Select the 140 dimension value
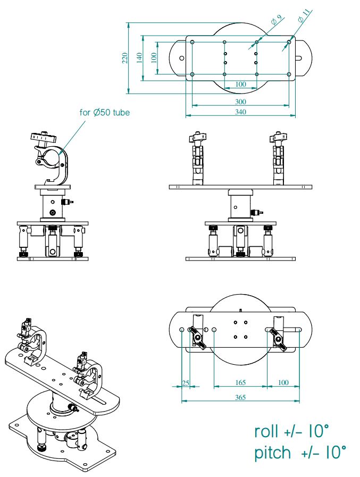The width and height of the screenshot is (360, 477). pyautogui.click(x=139, y=58)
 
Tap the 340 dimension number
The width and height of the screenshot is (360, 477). pyautogui.click(x=240, y=111)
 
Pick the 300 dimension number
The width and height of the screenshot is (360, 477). pyautogui.click(x=240, y=101)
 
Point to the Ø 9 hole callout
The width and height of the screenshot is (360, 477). pyautogui.click(x=275, y=21)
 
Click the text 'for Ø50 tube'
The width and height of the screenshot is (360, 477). pyautogui.click(x=105, y=112)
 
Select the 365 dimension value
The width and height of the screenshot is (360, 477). pyautogui.click(x=240, y=397)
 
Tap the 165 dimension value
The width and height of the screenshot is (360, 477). pyautogui.click(x=240, y=382)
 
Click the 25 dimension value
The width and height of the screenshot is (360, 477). pyautogui.click(x=186, y=382)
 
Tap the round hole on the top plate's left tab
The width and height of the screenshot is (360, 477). pyautogui.click(x=181, y=58)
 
